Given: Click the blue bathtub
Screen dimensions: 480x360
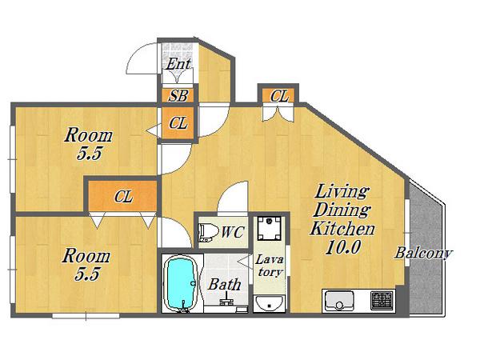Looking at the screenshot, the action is (x=182, y=284).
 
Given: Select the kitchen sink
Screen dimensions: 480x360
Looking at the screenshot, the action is (x=339, y=301).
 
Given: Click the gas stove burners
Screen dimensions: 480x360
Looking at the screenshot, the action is (x=382, y=300).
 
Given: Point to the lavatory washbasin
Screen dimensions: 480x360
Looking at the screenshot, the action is (x=270, y=304).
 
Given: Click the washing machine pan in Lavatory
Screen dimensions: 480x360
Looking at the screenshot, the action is (x=269, y=228).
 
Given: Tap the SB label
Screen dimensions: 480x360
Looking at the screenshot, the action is (x=178, y=95).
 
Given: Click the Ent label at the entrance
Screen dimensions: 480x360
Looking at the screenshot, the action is (x=178, y=64).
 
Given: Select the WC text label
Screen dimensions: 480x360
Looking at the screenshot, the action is (x=233, y=232).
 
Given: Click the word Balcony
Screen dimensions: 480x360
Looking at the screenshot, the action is (x=423, y=254).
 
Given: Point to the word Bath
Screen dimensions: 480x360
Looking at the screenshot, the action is (x=225, y=284).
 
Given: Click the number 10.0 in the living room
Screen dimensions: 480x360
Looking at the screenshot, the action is (x=343, y=246).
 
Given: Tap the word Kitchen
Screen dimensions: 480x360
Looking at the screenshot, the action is (x=342, y=229).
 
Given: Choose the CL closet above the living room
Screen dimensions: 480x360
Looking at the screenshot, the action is (x=278, y=96).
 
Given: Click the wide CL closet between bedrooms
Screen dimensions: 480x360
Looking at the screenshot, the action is (x=122, y=196).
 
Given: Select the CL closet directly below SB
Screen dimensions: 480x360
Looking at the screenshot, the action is (x=178, y=123).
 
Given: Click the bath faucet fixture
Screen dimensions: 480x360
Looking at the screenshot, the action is (x=226, y=299).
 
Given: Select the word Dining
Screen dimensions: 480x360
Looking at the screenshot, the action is (x=342, y=210).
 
